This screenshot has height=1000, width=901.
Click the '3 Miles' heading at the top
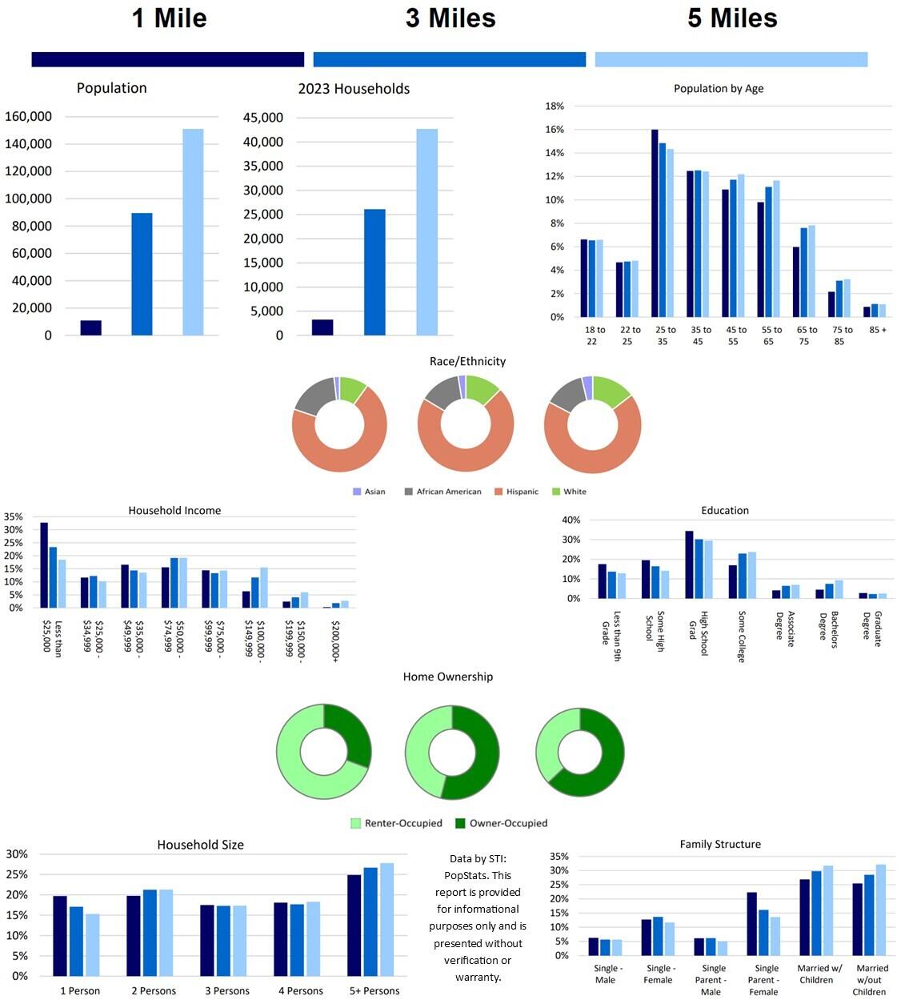pyautogui.click(x=450, y=18)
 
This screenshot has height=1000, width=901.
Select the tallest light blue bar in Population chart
pyautogui.click(x=193, y=232)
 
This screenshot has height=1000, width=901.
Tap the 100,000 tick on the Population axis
pyautogui.click(x=29, y=199)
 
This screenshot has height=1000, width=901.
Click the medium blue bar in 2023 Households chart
pyautogui.click(x=374, y=272)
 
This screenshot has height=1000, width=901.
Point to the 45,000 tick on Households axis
pyautogui.click(x=263, y=118)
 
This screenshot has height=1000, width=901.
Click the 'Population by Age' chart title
pyautogui.click(x=719, y=89)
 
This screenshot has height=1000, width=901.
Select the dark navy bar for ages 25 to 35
pyautogui.click(x=655, y=223)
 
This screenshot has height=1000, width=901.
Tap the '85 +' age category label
pyautogui.click(x=878, y=330)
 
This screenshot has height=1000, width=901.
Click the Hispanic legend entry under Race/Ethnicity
pyautogui.click(x=522, y=492)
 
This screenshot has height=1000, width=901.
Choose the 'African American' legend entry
pyautogui.click(x=448, y=492)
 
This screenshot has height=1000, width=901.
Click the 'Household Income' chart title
pyautogui.click(x=174, y=511)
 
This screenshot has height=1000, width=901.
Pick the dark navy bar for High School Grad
pyautogui.click(x=689, y=564)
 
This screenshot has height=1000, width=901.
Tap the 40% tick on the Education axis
pyautogui.click(x=571, y=520)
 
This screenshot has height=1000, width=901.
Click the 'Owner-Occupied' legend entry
pyautogui.click(x=508, y=823)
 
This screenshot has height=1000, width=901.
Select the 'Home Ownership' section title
pyautogui.click(x=447, y=677)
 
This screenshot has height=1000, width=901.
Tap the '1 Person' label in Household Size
pyautogui.click(x=80, y=991)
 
